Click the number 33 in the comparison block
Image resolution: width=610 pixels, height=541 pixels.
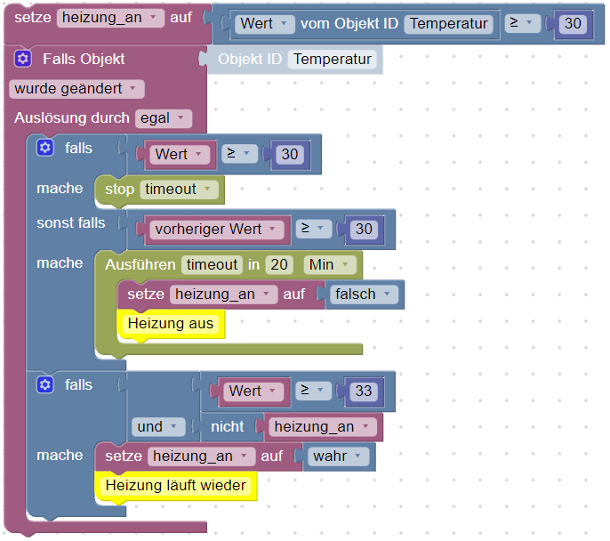(x=363, y=391)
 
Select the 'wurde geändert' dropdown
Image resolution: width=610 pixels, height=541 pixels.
(x=76, y=89)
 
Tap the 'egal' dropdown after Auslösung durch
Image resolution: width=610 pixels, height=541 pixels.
(x=164, y=117)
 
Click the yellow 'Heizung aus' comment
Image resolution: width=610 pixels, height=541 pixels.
(x=171, y=324)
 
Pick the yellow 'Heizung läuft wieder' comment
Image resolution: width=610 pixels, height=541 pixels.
(x=175, y=486)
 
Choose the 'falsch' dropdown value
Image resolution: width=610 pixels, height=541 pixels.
(x=361, y=294)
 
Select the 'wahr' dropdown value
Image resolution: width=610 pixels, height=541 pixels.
(x=336, y=456)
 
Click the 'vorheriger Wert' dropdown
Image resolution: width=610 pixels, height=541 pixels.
(x=213, y=229)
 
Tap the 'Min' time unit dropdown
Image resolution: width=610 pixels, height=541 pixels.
(x=330, y=264)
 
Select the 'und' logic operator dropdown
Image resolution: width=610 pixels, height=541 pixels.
(x=157, y=427)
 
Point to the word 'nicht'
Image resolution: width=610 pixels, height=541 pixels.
(x=227, y=427)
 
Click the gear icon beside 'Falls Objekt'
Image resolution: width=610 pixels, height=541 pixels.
(x=23, y=59)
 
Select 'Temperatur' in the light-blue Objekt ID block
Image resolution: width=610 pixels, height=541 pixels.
(x=333, y=60)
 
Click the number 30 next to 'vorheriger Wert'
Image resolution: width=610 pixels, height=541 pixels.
(x=364, y=229)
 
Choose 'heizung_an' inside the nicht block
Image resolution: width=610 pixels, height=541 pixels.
(x=320, y=427)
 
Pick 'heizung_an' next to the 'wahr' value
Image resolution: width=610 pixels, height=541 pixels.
(x=197, y=456)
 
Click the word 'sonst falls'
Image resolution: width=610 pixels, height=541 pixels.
(x=70, y=222)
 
